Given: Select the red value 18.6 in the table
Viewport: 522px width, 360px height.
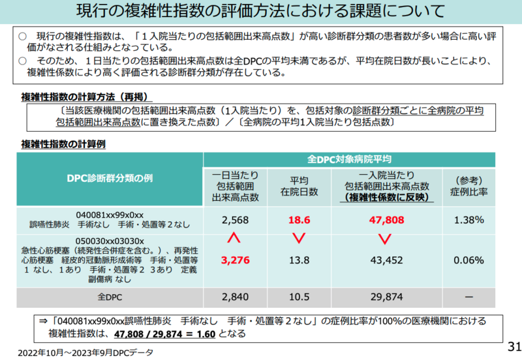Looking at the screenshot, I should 299,221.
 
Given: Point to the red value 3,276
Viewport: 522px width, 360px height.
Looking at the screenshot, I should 236,261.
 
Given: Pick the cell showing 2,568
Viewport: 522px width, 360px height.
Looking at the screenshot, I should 236,221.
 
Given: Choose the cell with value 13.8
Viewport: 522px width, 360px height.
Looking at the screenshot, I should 299,261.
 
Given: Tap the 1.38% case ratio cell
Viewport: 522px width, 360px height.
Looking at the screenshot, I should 467,221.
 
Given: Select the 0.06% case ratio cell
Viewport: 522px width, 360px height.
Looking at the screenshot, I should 467,261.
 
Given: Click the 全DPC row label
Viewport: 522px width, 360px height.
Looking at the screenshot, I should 110,297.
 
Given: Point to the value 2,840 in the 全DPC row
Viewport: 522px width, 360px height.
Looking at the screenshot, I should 236,297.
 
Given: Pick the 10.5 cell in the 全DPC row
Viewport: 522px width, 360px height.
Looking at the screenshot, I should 299,297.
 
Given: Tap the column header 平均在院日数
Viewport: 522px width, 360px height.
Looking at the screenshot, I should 299,186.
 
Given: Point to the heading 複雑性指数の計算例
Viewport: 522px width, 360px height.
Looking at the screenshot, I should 63,143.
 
